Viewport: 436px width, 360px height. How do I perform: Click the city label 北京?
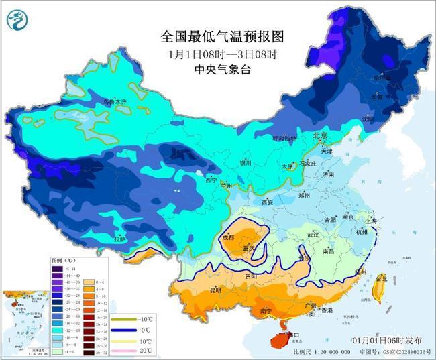tap(321, 136)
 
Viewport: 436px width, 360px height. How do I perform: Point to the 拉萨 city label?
tap(119, 238)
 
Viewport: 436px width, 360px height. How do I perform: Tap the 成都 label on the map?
tap(227, 237)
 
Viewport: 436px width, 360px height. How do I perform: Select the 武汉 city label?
tap(313, 235)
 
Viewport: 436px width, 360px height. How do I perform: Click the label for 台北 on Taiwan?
tap(381, 278)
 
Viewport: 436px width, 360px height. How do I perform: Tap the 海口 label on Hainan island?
tap(292, 333)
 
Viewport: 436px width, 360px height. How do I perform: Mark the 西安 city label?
tap(268, 202)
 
